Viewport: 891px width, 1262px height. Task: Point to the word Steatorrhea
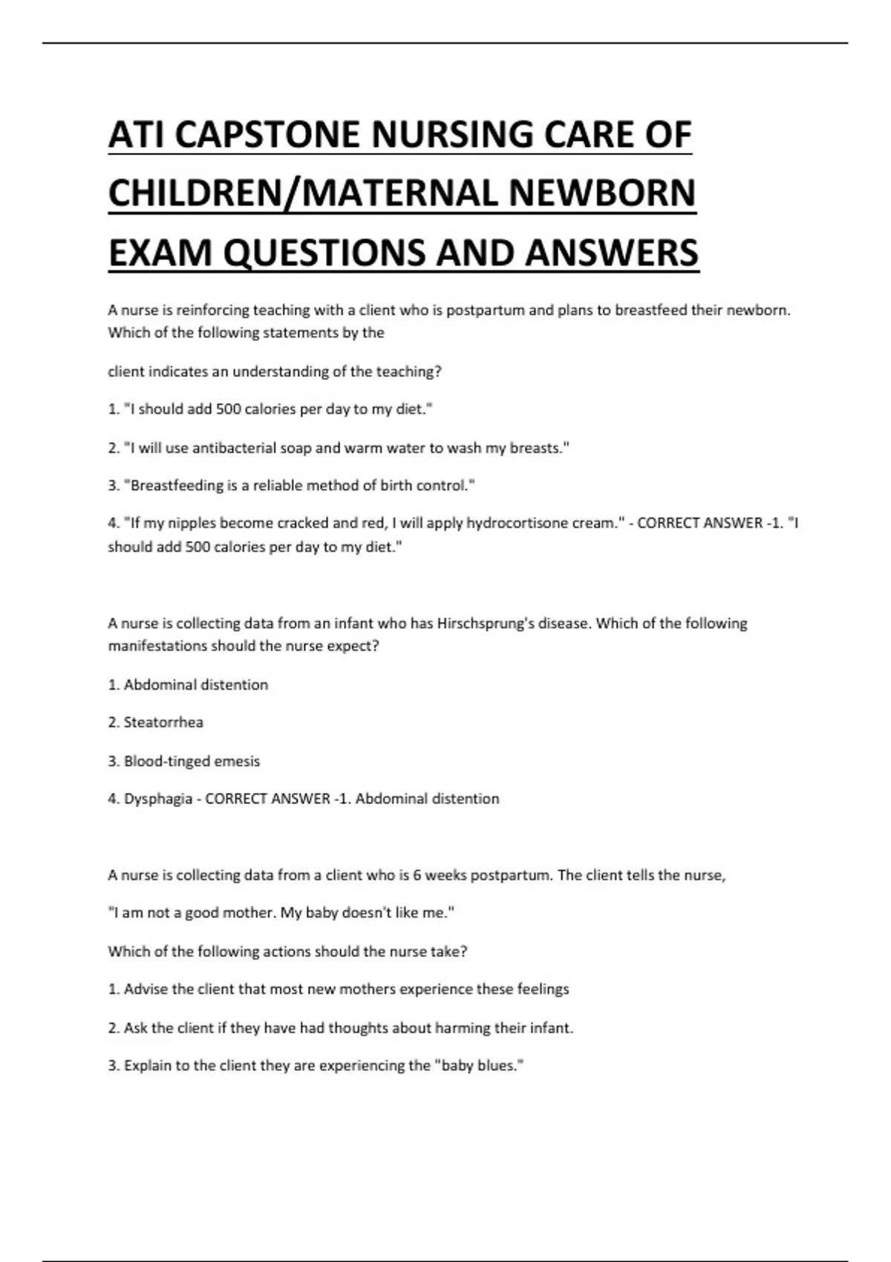[x=163, y=722]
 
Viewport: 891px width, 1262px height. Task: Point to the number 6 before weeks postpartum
[x=417, y=875]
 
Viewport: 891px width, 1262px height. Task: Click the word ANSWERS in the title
[x=612, y=252]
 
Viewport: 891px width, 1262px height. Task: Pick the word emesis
[x=237, y=761]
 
